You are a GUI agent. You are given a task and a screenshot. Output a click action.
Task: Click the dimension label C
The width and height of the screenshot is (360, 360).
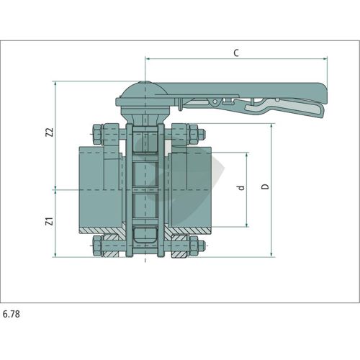236,53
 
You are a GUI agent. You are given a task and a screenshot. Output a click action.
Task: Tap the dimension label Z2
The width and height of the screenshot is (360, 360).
50,132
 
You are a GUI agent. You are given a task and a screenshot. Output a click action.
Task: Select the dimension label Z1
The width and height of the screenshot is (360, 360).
50,221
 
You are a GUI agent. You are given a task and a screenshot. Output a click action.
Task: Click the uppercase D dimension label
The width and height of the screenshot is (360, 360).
266,186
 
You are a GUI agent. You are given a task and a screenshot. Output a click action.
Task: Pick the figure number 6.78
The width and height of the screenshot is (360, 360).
12,314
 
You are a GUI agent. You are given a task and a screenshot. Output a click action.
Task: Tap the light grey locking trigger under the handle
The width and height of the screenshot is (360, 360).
286,107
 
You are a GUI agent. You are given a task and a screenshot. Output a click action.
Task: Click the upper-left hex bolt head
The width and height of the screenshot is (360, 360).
98,134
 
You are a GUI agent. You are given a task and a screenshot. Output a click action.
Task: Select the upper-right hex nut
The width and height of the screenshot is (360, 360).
193,134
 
